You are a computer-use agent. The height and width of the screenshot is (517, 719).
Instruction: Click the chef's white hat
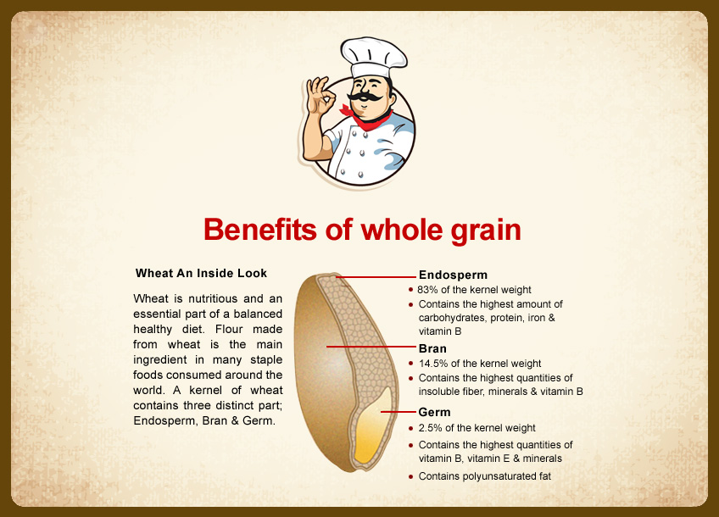tap(374, 58)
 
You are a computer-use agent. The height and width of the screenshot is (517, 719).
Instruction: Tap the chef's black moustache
tap(365, 97)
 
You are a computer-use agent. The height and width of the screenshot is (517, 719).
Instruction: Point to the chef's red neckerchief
tap(367, 119)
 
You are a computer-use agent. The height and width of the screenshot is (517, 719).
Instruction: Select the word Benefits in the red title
tap(260, 229)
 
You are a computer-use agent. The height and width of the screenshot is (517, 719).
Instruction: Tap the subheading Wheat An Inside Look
tap(201, 273)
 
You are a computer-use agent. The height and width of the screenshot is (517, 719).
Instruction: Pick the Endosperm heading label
tap(453, 275)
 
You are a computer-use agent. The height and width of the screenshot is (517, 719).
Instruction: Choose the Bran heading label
tap(432, 348)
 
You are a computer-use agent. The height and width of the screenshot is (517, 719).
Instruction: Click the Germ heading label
tap(434, 412)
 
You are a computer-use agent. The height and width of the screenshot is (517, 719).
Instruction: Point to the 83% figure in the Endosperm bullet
tap(427, 290)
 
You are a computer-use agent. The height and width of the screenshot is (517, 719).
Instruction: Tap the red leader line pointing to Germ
tap(398, 412)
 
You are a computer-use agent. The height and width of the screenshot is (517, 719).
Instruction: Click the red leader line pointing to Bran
tap(371, 347)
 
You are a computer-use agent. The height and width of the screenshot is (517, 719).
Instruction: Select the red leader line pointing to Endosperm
tap(376, 277)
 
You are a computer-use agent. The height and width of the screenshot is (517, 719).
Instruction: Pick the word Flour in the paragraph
tap(229, 329)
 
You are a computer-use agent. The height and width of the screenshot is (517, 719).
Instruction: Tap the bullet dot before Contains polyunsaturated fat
tap(411, 477)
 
